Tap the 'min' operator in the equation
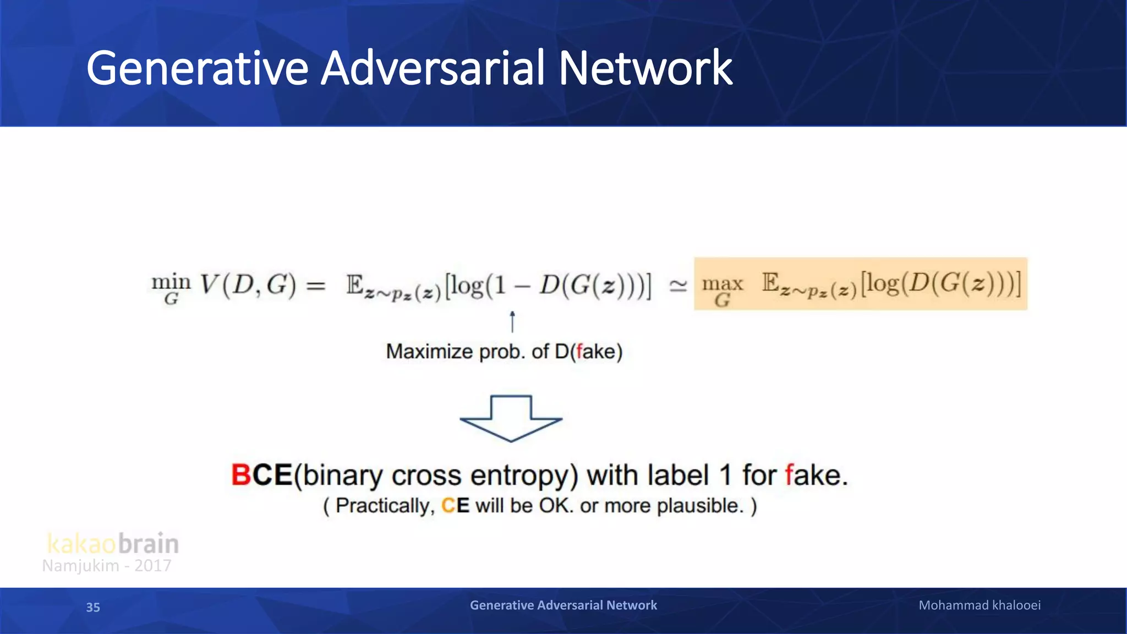point(171,283)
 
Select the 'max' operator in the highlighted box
point(722,284)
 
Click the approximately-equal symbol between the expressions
point(678,286)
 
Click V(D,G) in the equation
point(248,285)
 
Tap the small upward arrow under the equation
point(512,322)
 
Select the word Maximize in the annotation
point(429,352)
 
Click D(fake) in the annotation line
point(588,352)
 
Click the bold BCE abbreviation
point(261,475)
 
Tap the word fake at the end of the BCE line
point(816,475)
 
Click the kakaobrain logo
point(113,544)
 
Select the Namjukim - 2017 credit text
point(107,566)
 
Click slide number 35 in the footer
point(93,607)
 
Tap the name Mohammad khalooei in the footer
point(980,605)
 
